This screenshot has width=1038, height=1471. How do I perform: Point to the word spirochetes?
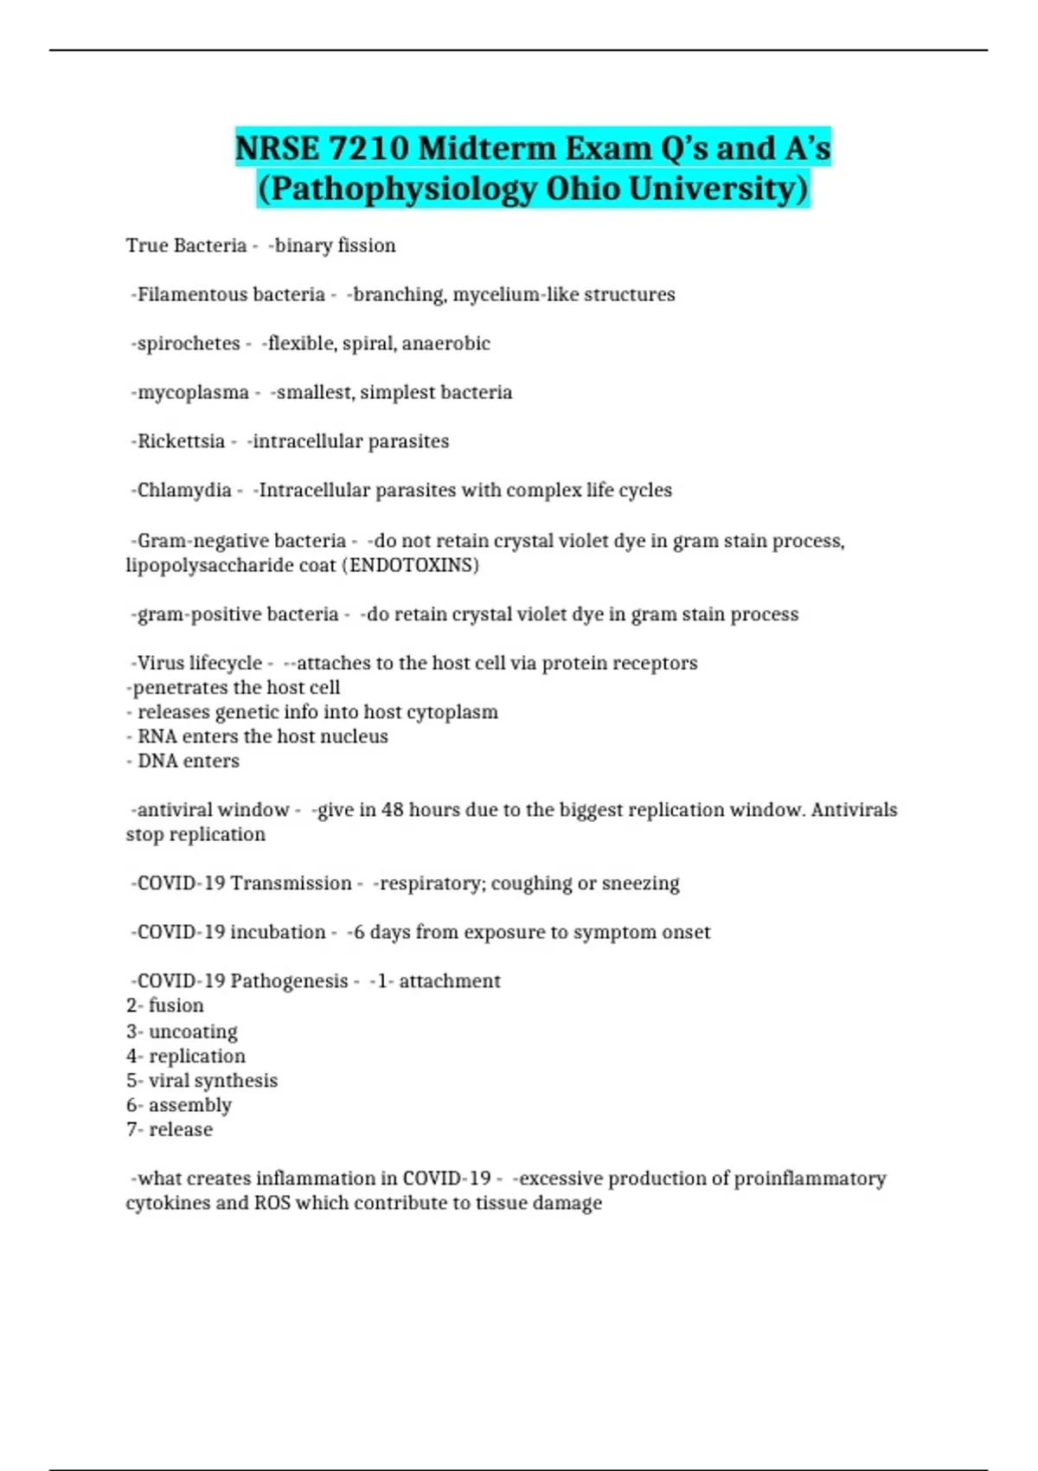(x=189, y=344)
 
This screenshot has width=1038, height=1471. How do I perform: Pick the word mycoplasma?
(x=193, y=393)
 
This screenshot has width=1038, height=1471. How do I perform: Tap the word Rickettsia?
(x=181, y=441)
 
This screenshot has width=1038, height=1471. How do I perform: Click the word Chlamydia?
(x=184, y=491)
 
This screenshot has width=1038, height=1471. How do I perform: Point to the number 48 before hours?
(x=393, y=810)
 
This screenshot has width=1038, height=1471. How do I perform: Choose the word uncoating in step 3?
(x=193, y=1031)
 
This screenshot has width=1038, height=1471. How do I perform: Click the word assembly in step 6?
(x=190, y=1105)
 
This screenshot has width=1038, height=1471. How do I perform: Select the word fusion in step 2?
(x=176, y=1005)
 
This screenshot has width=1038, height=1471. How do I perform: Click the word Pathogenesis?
(x=289, y=981)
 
